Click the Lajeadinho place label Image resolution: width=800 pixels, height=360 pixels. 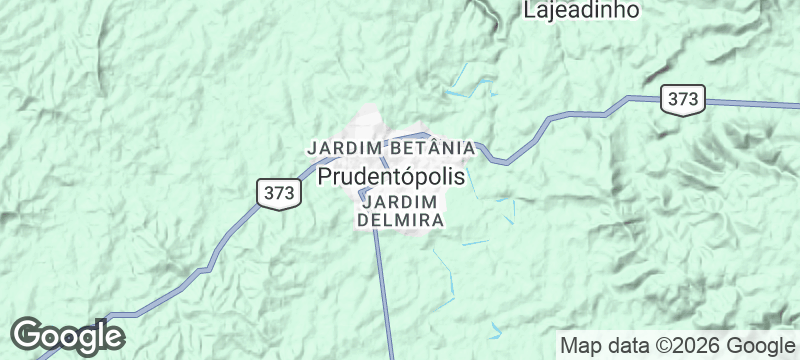(x=581, y=9)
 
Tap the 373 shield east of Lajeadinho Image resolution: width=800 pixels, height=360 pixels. (x=683, y=99)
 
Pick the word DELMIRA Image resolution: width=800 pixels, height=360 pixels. (x=400, y=220)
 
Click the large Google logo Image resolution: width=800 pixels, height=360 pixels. (x=67, y=336)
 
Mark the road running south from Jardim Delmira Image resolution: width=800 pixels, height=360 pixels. (x=383, y=290)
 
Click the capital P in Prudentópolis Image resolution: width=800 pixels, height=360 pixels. (x=328, y=177)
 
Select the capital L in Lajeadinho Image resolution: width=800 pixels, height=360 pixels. (x=529, y=9)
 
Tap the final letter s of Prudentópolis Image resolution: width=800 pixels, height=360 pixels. (x=460, y=177)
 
